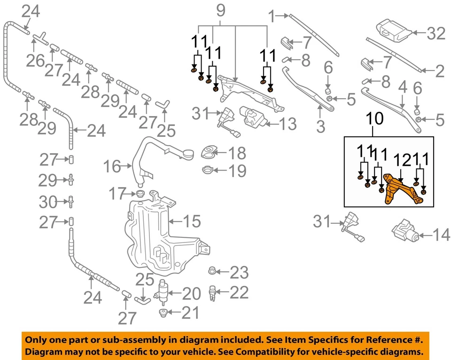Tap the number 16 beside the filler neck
click(112, 166)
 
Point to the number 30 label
click(47, 202)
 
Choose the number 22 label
click(239, 293)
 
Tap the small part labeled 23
click(212, 271)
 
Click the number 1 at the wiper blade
click(272, 17)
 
